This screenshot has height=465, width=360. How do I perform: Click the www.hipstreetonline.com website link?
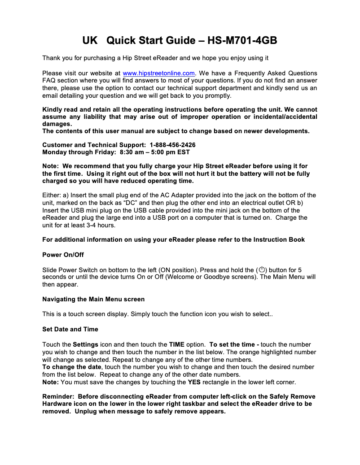pyautogui.click(x=158, y=73)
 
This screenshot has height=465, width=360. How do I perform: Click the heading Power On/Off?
pyautogui.click(x=63, y=255)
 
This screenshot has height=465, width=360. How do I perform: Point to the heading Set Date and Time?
pyautogui.click(x=70, y=329)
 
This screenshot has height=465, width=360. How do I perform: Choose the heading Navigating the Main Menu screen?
pyautogui.click(x=93, y=299)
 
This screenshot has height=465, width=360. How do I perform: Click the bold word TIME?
pyautogui.click(x=177, y=344)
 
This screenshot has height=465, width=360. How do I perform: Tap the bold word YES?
pyautogui.click(x=194, y=382)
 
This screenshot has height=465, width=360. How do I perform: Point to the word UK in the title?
pyautogui.click(x=90, y=41)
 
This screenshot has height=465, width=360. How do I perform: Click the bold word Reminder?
pyautogui.click(x=59, y=396)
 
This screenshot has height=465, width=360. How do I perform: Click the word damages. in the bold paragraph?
pyautogui.click(x=57, y=124)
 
